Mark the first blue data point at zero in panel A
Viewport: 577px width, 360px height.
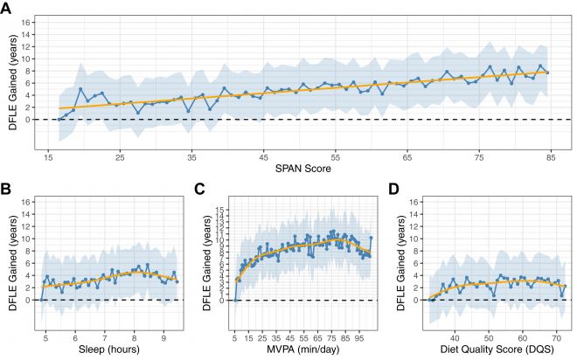[59, 119]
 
